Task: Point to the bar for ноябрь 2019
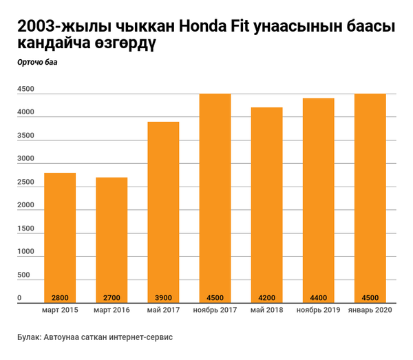[x=318, y=200]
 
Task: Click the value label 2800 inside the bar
[x=60, y=297]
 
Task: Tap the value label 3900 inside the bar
[x=163, y=297]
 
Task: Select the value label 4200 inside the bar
[x=266, y=297]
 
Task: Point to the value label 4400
[x=318, y=297]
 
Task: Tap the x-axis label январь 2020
[x=370, y=311]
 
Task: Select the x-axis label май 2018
[x=266, y=311]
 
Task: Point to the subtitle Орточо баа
[x=38, y=63]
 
